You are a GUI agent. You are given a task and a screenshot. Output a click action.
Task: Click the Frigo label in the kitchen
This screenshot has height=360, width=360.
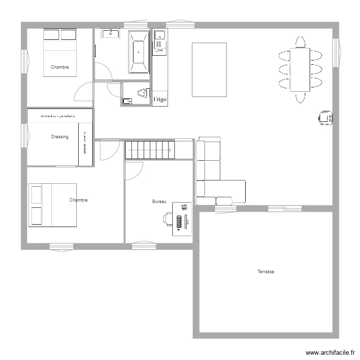click(160, 100)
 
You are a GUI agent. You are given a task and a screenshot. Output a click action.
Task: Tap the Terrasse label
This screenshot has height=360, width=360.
click(265, 272)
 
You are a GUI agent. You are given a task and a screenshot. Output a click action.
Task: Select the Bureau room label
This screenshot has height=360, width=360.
click(159, 202)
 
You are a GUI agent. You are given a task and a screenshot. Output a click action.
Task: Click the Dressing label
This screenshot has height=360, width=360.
click(60, 137)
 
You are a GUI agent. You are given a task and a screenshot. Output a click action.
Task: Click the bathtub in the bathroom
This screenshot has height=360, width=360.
click(139, 52)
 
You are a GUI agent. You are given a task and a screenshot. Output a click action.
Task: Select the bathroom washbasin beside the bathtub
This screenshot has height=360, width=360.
click(111, 34)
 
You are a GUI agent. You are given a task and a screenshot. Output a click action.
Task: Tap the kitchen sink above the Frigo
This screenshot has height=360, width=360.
click(159, 40)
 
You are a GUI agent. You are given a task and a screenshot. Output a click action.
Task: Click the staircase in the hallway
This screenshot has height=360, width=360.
click(149, 150)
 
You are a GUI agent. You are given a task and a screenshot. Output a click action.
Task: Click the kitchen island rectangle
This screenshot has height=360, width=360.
click(209, 70)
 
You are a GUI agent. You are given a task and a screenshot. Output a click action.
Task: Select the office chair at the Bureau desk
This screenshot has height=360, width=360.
click(168, 218)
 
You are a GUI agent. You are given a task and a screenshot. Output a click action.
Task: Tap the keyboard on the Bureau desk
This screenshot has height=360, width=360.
click(179, 222)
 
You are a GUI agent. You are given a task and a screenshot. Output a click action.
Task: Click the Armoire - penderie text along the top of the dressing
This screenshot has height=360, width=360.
click(60, 116)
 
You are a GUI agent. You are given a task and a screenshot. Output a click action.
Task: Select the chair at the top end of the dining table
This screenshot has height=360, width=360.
click(300, 42)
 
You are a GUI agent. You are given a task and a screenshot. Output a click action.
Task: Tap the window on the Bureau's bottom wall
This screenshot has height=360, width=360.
click(144, 246)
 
